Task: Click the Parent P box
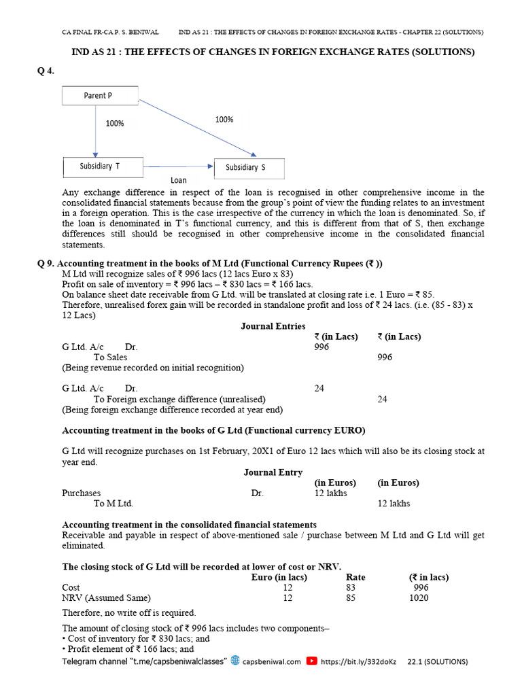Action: coord(100,96)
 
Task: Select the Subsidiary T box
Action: coord(102,167)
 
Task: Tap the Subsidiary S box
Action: coord(249,168)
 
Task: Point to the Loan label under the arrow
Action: coord(178,181)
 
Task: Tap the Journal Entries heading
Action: coord(273,326)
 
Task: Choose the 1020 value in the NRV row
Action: coord(419,597)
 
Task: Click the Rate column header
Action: coord(355,577)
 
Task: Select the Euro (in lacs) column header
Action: coord(279,577)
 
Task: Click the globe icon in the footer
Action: coord(235,660)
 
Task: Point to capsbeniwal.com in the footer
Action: coord(271,661)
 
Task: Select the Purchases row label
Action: coord(82,493)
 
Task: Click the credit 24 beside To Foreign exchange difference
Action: coord(382,400)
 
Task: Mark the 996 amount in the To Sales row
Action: coord(384,357)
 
